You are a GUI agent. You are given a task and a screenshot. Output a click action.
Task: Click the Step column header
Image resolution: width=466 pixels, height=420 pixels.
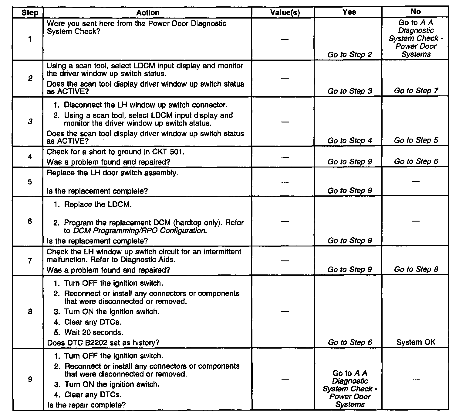pyautogui.click(x=30, y=13)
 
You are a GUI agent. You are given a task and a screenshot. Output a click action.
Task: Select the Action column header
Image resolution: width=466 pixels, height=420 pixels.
pyautogui.click(x=147, y=13)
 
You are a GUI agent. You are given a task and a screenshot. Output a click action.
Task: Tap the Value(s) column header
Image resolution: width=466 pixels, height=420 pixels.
pyautogui.click(x=285, y=13)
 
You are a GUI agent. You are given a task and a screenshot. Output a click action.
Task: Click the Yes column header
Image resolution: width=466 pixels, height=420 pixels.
pyautogui.click(x=349, y=12)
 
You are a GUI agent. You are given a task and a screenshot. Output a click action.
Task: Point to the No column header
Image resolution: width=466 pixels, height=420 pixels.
pyautogui.click(x=415, y=12)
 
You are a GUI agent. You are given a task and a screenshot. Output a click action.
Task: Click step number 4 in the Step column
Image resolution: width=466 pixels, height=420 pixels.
pyautogui.click(x=30, y=157)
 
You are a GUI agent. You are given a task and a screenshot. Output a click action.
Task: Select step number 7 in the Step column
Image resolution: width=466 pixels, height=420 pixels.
pyautogui.click(x=30, y=261)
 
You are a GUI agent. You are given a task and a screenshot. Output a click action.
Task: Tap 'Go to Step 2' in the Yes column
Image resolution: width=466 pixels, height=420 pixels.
pyautogui.click(x=349, y=55)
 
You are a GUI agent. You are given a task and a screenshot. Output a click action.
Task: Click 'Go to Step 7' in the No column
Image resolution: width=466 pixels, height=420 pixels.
pyautogui.click(x=416, y=91)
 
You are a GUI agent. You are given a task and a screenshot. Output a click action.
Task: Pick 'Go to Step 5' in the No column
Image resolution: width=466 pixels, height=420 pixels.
pyautogui.click(x=416, y=140)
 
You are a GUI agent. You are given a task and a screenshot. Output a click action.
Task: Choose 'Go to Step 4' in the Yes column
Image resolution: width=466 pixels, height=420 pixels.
pyautogui.click(x=349, y=141)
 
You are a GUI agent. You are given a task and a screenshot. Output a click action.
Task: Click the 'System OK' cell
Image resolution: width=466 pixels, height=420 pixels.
pyautogui.click(x=416, y=342)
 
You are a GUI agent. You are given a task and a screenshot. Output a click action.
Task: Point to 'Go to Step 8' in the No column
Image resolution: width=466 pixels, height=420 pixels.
pyautogui.click(x=416, y=269)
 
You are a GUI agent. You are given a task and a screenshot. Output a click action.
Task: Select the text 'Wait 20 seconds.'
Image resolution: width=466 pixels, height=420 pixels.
pyautogui.click(x=93, y=332)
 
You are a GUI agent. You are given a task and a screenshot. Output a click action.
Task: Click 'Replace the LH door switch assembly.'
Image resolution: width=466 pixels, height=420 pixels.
pyautogui.click(x=112, y=173)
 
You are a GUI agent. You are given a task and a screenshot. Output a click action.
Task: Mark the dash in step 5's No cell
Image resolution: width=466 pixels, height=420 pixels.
pyautogui.click(x=415, y=182)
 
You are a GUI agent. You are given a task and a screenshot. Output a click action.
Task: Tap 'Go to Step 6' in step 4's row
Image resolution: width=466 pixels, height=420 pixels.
pyautogui.click(x=416, y=161)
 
